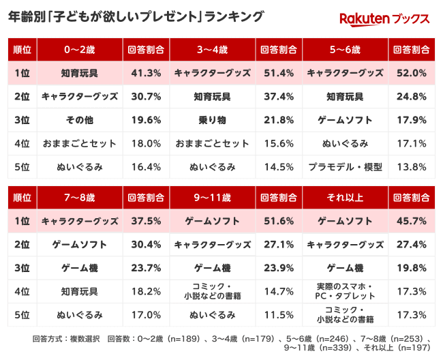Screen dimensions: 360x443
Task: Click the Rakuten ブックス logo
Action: pos(384,18)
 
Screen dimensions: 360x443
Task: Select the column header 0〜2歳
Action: pos(80,50)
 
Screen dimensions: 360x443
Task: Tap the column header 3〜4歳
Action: pos(213,50)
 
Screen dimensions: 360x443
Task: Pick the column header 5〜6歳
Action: pos(345,50)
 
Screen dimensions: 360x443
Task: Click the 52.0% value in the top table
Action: pos(411,73)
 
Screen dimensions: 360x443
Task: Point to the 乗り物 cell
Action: pos(213,120)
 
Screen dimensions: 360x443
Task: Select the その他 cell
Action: pos(80,120)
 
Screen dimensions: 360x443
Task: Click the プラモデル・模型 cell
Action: pos(345,166)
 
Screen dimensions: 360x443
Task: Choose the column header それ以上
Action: pos(345,198)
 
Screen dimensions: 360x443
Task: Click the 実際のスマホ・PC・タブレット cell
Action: pos(345,291)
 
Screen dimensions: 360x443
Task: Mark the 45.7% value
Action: pos(411,221)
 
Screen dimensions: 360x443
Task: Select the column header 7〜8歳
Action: pos(80,198)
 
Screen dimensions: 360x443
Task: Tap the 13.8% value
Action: pos(411,166)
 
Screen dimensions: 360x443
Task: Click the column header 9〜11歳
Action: pos(213,198)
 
